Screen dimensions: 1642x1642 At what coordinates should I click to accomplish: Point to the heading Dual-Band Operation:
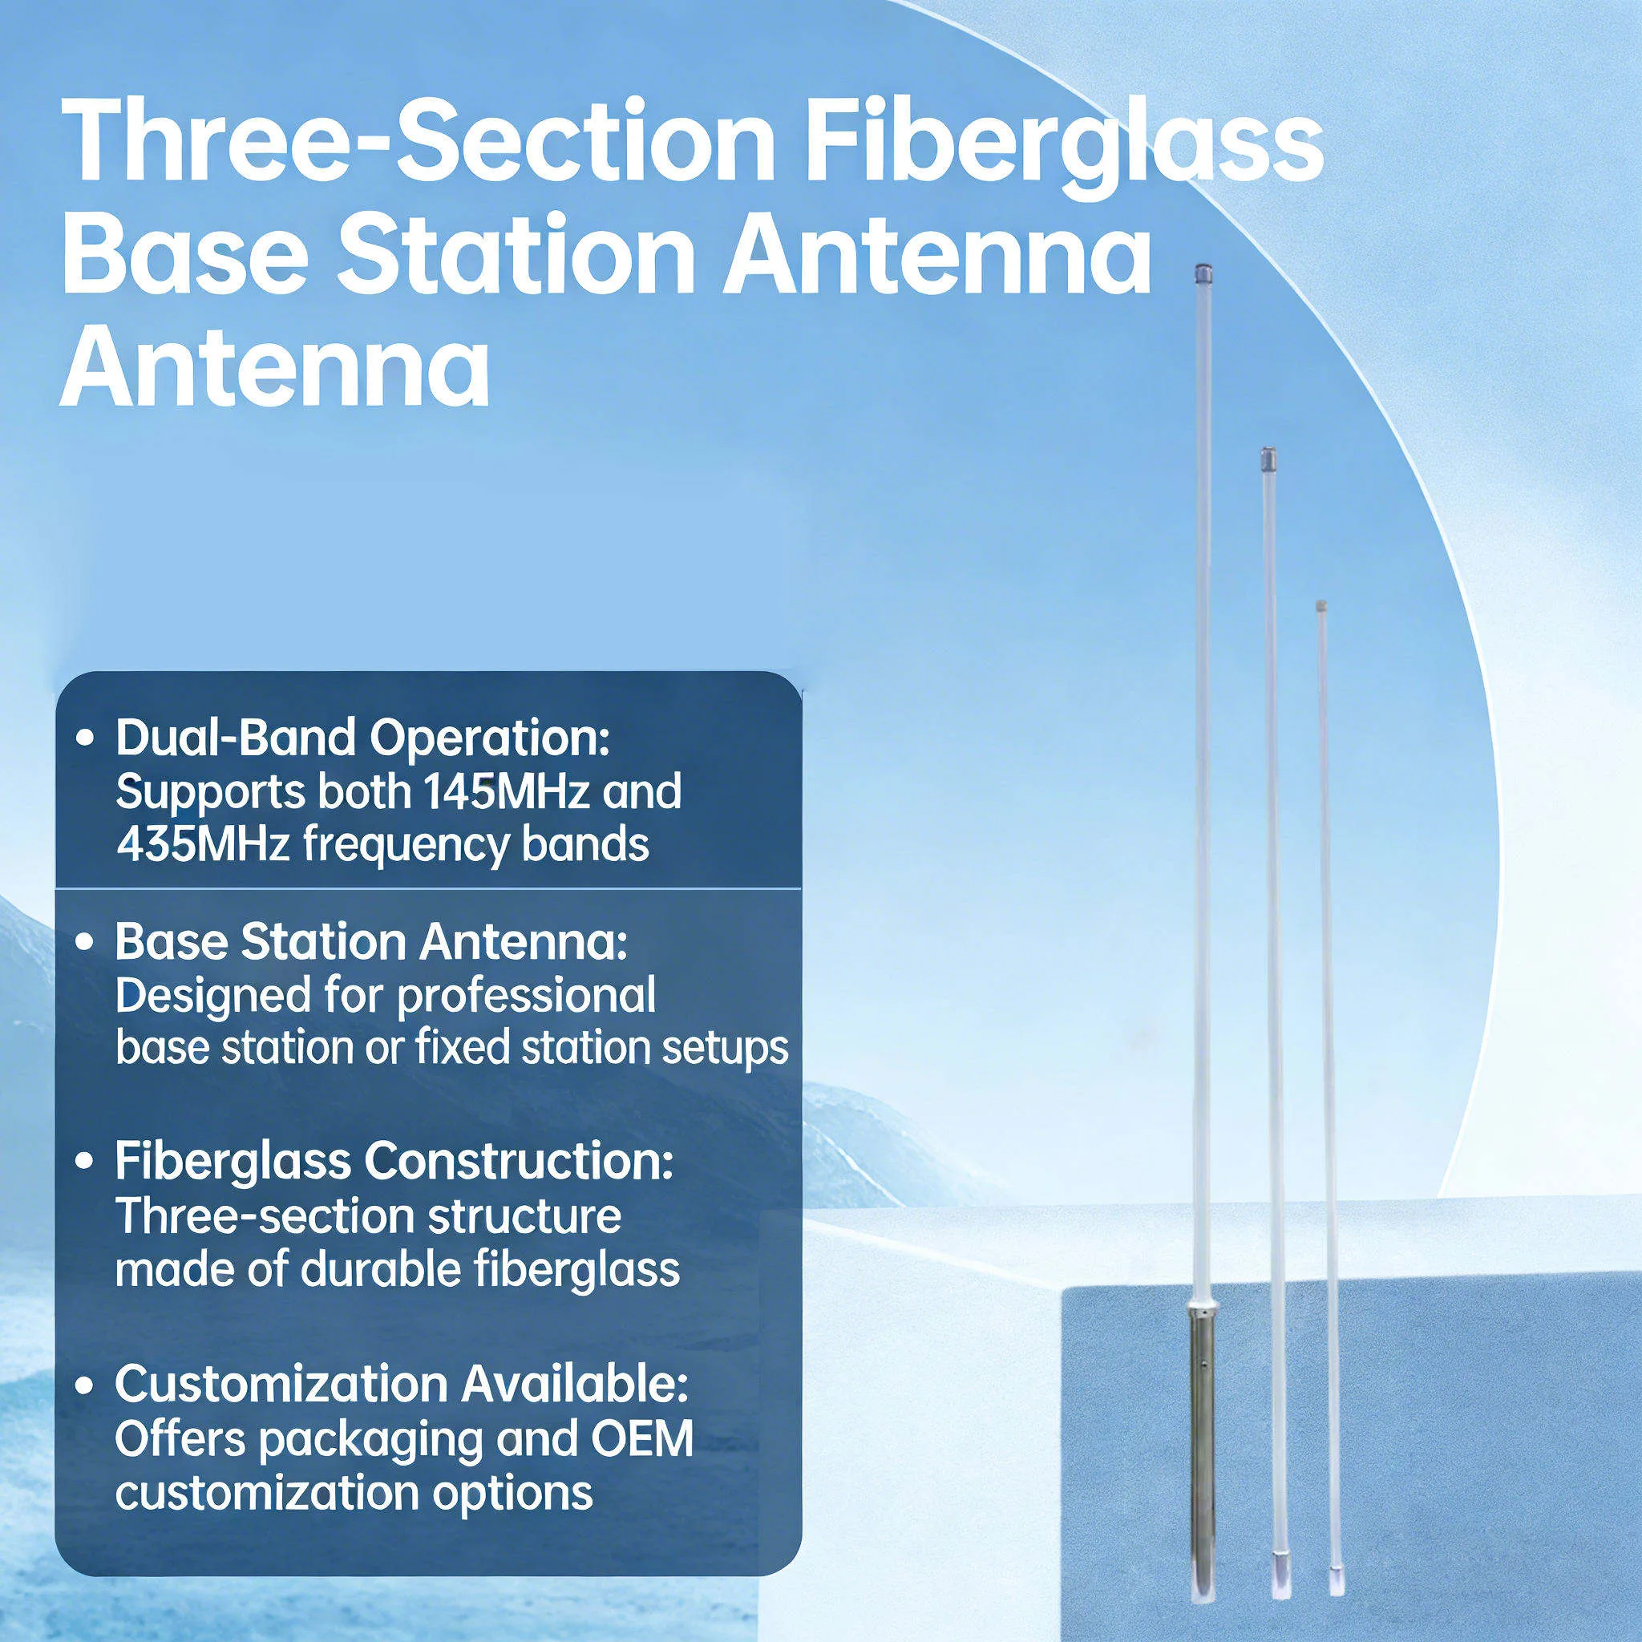[364, 738]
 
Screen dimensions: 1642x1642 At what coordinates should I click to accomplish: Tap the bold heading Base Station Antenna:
[371, 943]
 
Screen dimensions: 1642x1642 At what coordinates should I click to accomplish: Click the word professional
[526, 996]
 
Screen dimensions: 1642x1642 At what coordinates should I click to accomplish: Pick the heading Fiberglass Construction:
[394, 1162]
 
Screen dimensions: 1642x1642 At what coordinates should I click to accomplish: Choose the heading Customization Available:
[401, 1385]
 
